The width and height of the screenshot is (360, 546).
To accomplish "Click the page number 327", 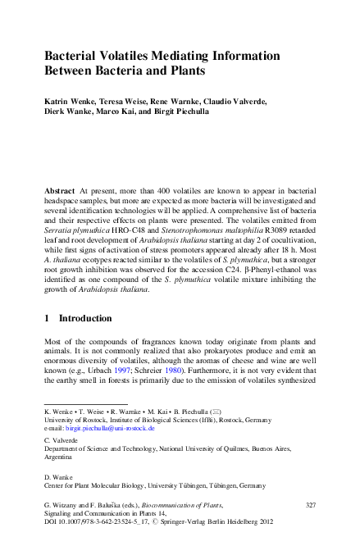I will tap(309, 509).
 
